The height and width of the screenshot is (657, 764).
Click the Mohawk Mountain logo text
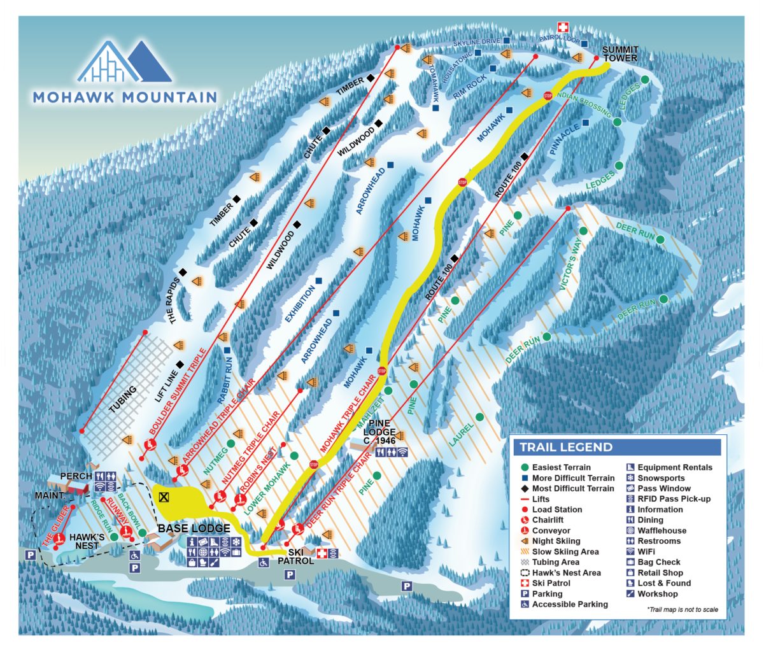click(x=125, y=97)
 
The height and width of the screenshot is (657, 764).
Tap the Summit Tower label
click(x=619, y=54)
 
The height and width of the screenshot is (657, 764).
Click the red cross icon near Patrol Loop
click(x=562, y=27)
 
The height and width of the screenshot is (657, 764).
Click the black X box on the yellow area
click(x=165, y=497)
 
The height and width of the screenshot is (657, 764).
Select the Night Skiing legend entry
click(x=556, y=541)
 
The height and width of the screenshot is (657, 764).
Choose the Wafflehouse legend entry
click(x=661, y=530)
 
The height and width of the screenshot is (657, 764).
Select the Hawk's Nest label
click(x=87, y=541)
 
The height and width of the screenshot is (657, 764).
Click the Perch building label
click(x=76, y=476)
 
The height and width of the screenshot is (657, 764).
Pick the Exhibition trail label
click(x=300, y=305)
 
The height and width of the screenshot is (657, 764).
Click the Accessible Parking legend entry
click(x=570, y=604)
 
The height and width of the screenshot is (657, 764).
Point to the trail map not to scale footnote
click(x=682, y=609)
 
